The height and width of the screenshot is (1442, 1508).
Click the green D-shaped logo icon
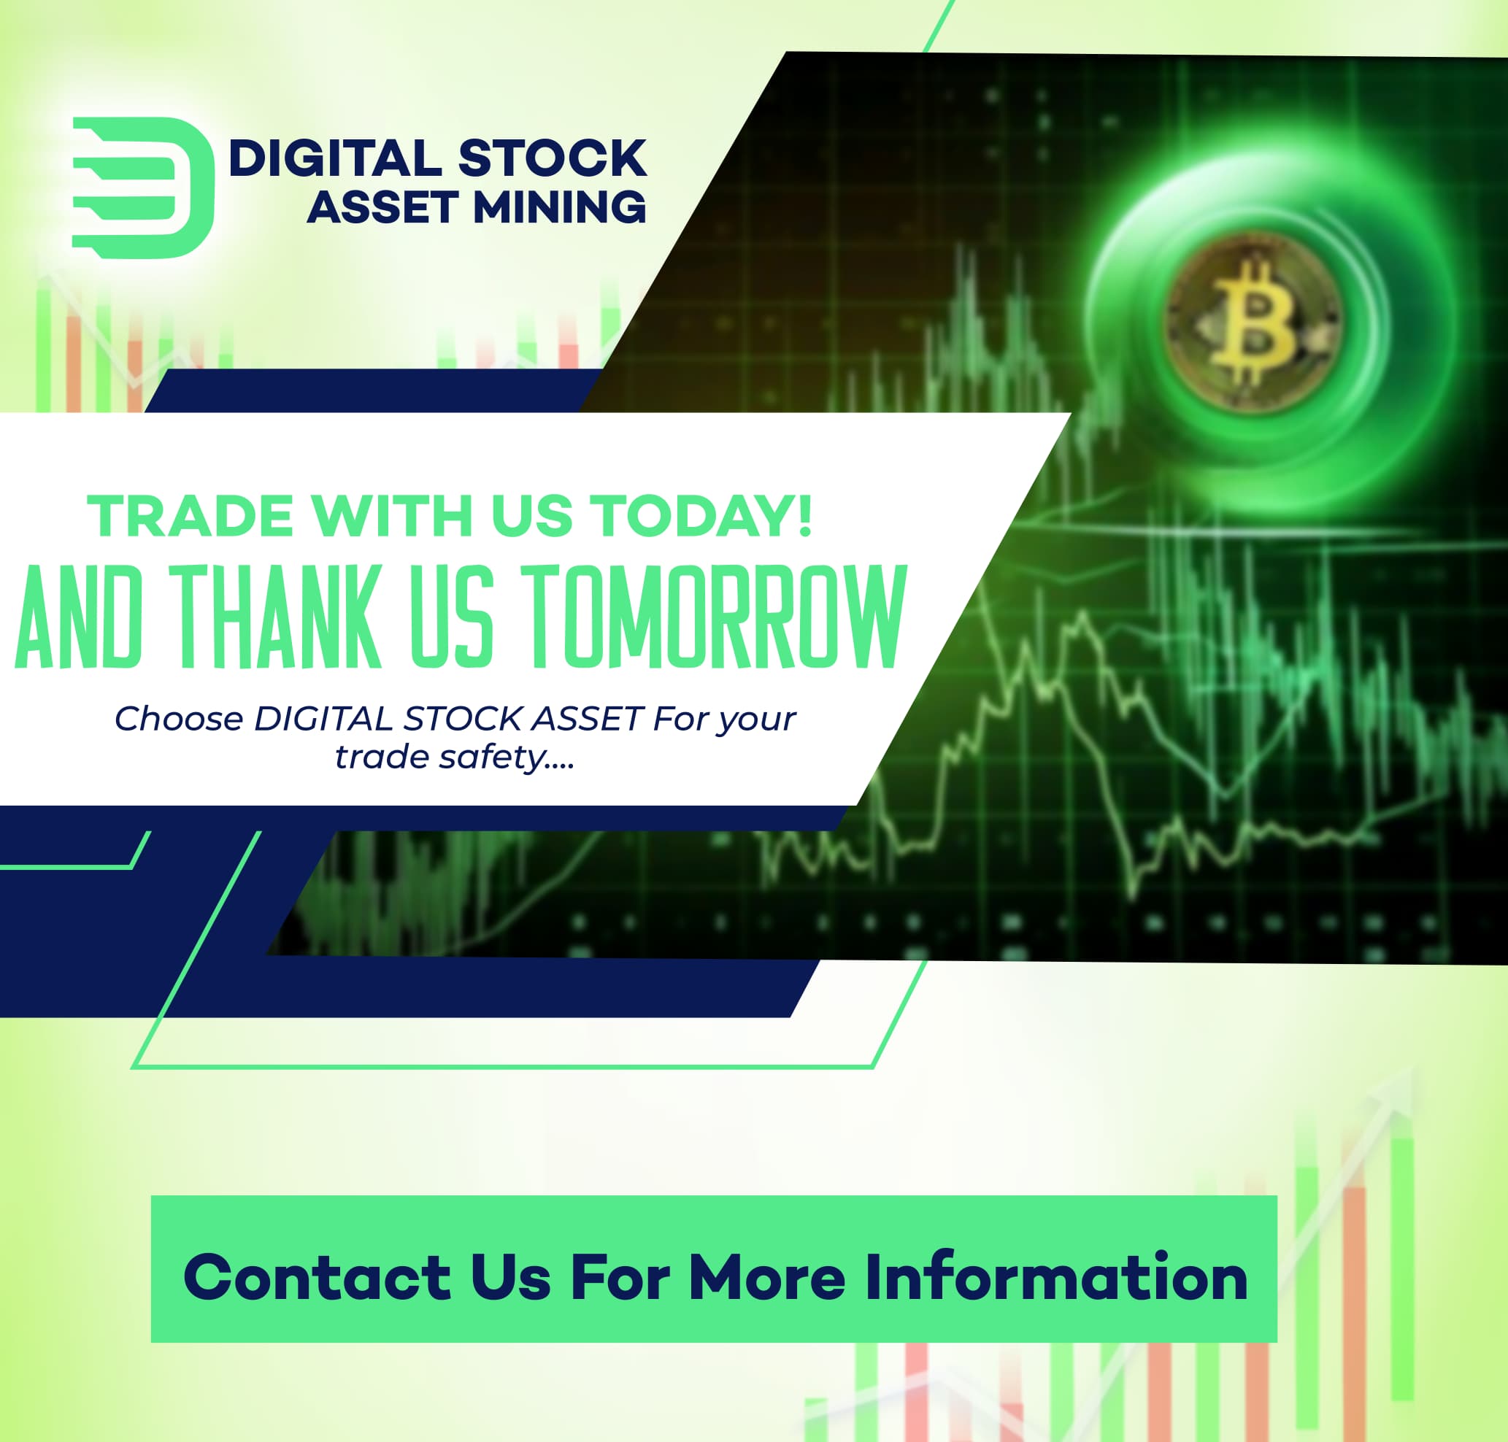(x=143, y=187)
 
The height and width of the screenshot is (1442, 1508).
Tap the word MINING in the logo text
(x=559, y=207)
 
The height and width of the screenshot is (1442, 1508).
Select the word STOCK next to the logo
(x=552, y=158)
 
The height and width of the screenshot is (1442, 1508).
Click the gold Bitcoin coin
(x=1253, y=320)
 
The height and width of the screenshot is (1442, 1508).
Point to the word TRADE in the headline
(x=190, y=516)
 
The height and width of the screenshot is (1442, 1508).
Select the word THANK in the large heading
(x=275, y=617)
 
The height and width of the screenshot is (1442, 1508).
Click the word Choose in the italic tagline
(x=178, y=720)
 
